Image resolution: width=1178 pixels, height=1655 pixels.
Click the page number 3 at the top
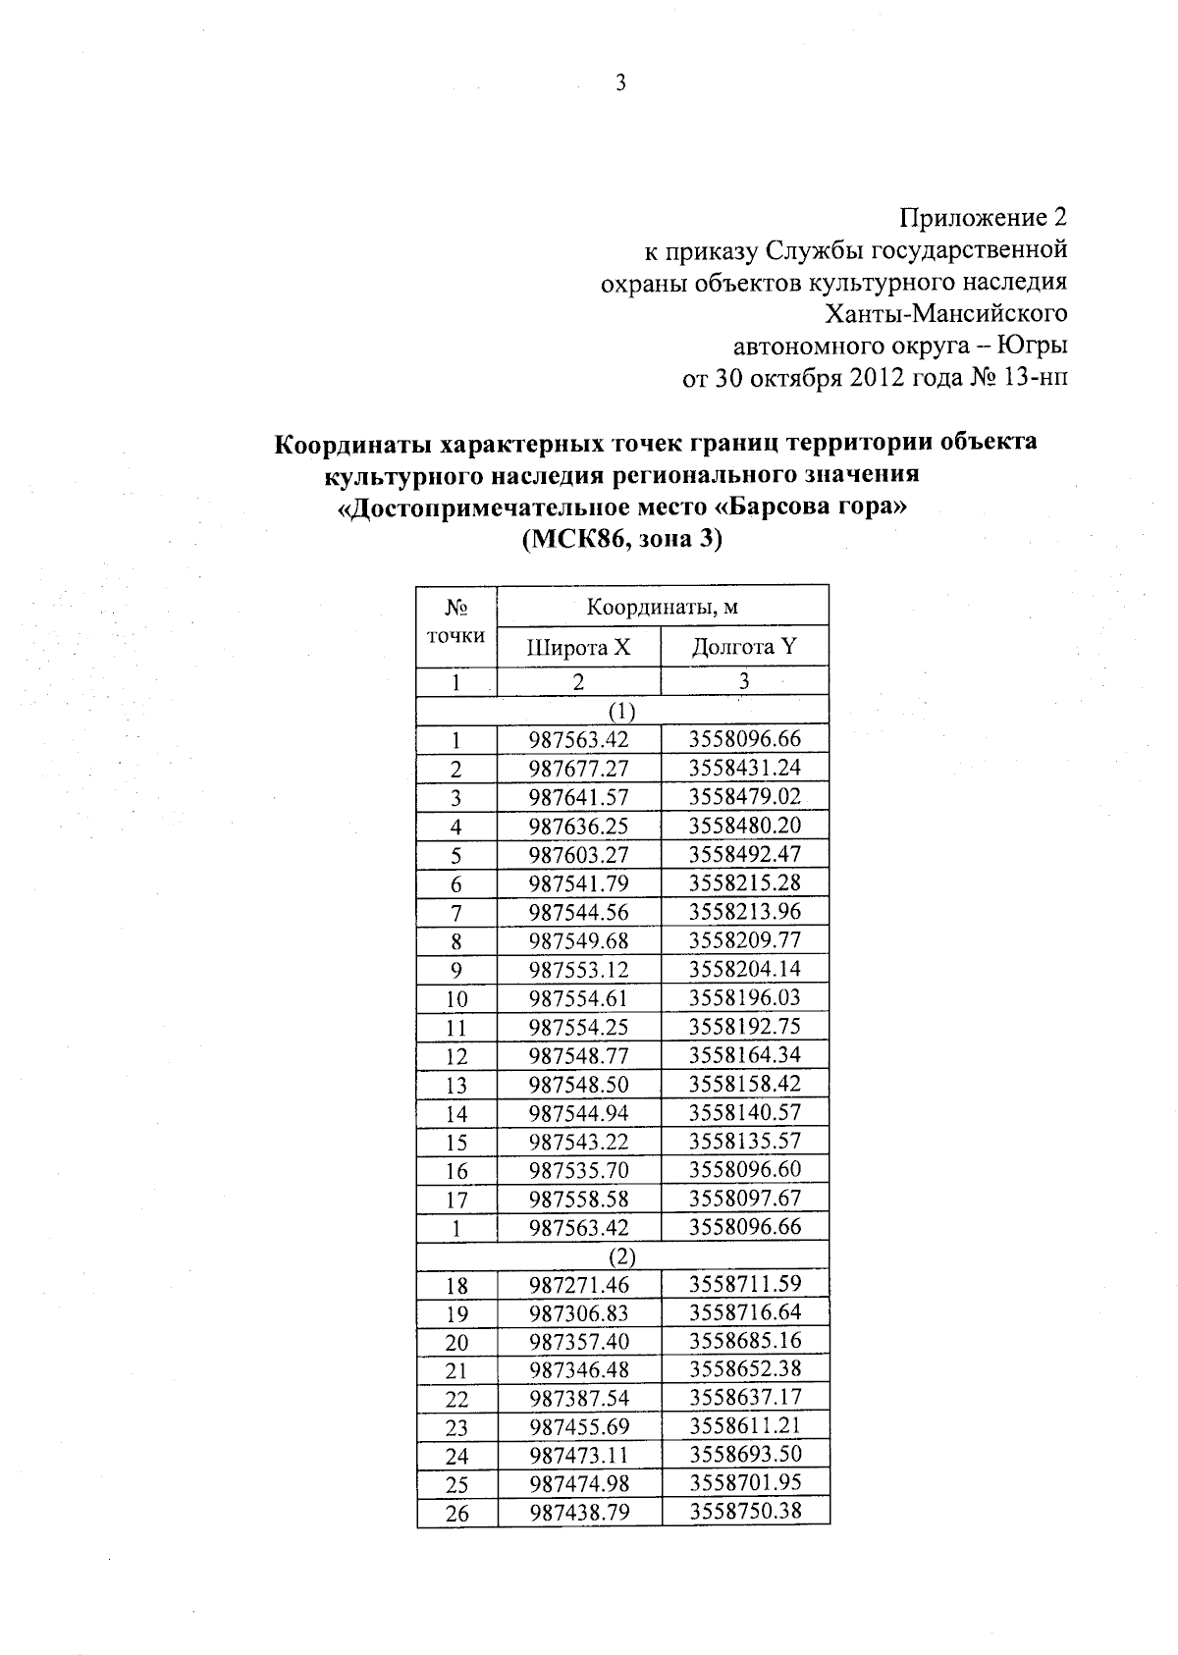point(620,83)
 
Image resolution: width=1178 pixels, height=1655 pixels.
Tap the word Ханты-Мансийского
point(947,314)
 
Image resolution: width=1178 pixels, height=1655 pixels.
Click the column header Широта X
point(578,648)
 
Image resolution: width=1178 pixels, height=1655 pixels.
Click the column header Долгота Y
point(744,647)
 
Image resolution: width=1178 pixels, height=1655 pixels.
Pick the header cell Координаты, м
point(663,607)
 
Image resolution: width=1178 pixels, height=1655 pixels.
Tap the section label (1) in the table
point(622,711)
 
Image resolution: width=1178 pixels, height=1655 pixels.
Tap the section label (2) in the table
point(622,1256)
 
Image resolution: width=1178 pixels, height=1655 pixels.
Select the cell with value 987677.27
point(578,769)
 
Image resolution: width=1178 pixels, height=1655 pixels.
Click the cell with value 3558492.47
point(744,854)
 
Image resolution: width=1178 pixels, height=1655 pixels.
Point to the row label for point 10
point(456,999)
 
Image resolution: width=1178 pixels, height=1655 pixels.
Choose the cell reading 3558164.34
point(744,1055)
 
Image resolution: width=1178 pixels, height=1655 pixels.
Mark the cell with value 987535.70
point(578,1170)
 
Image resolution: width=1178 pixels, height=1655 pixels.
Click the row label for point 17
point(456,1200)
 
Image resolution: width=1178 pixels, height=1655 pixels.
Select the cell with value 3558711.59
point(744,1284)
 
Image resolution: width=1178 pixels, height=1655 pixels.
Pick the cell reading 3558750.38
point(744,1512)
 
